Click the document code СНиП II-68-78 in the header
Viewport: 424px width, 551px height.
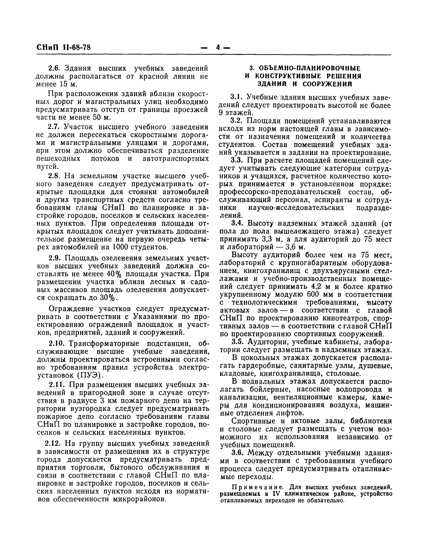pyautogui.click(x=63, y=47)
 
